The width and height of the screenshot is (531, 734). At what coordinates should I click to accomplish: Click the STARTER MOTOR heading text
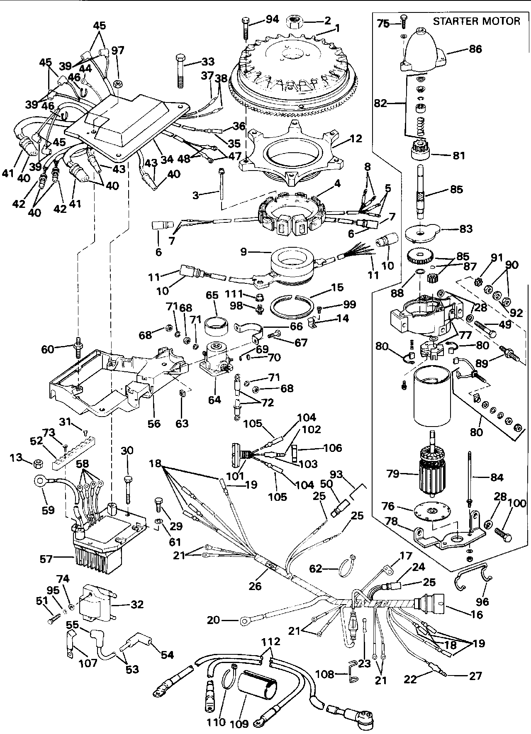pos(476,21)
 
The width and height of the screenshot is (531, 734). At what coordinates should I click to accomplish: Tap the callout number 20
pos(213,621)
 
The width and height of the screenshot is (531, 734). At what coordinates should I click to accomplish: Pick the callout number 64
pos(214,400)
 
